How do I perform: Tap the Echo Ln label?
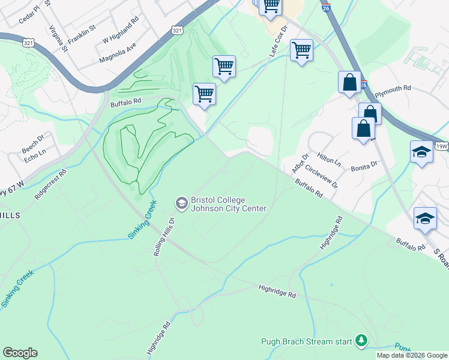pos(35,154)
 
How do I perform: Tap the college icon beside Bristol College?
pos(181,204)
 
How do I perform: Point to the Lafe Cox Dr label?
pos(277,46)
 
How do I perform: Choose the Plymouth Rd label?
pos(393,88)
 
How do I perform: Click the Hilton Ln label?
pos(330,158)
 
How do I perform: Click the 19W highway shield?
pos(442,146)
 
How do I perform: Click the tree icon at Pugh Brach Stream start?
pos(361,341)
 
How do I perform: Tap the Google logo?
pos(20,353)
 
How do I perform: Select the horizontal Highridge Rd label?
pos(277,292)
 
